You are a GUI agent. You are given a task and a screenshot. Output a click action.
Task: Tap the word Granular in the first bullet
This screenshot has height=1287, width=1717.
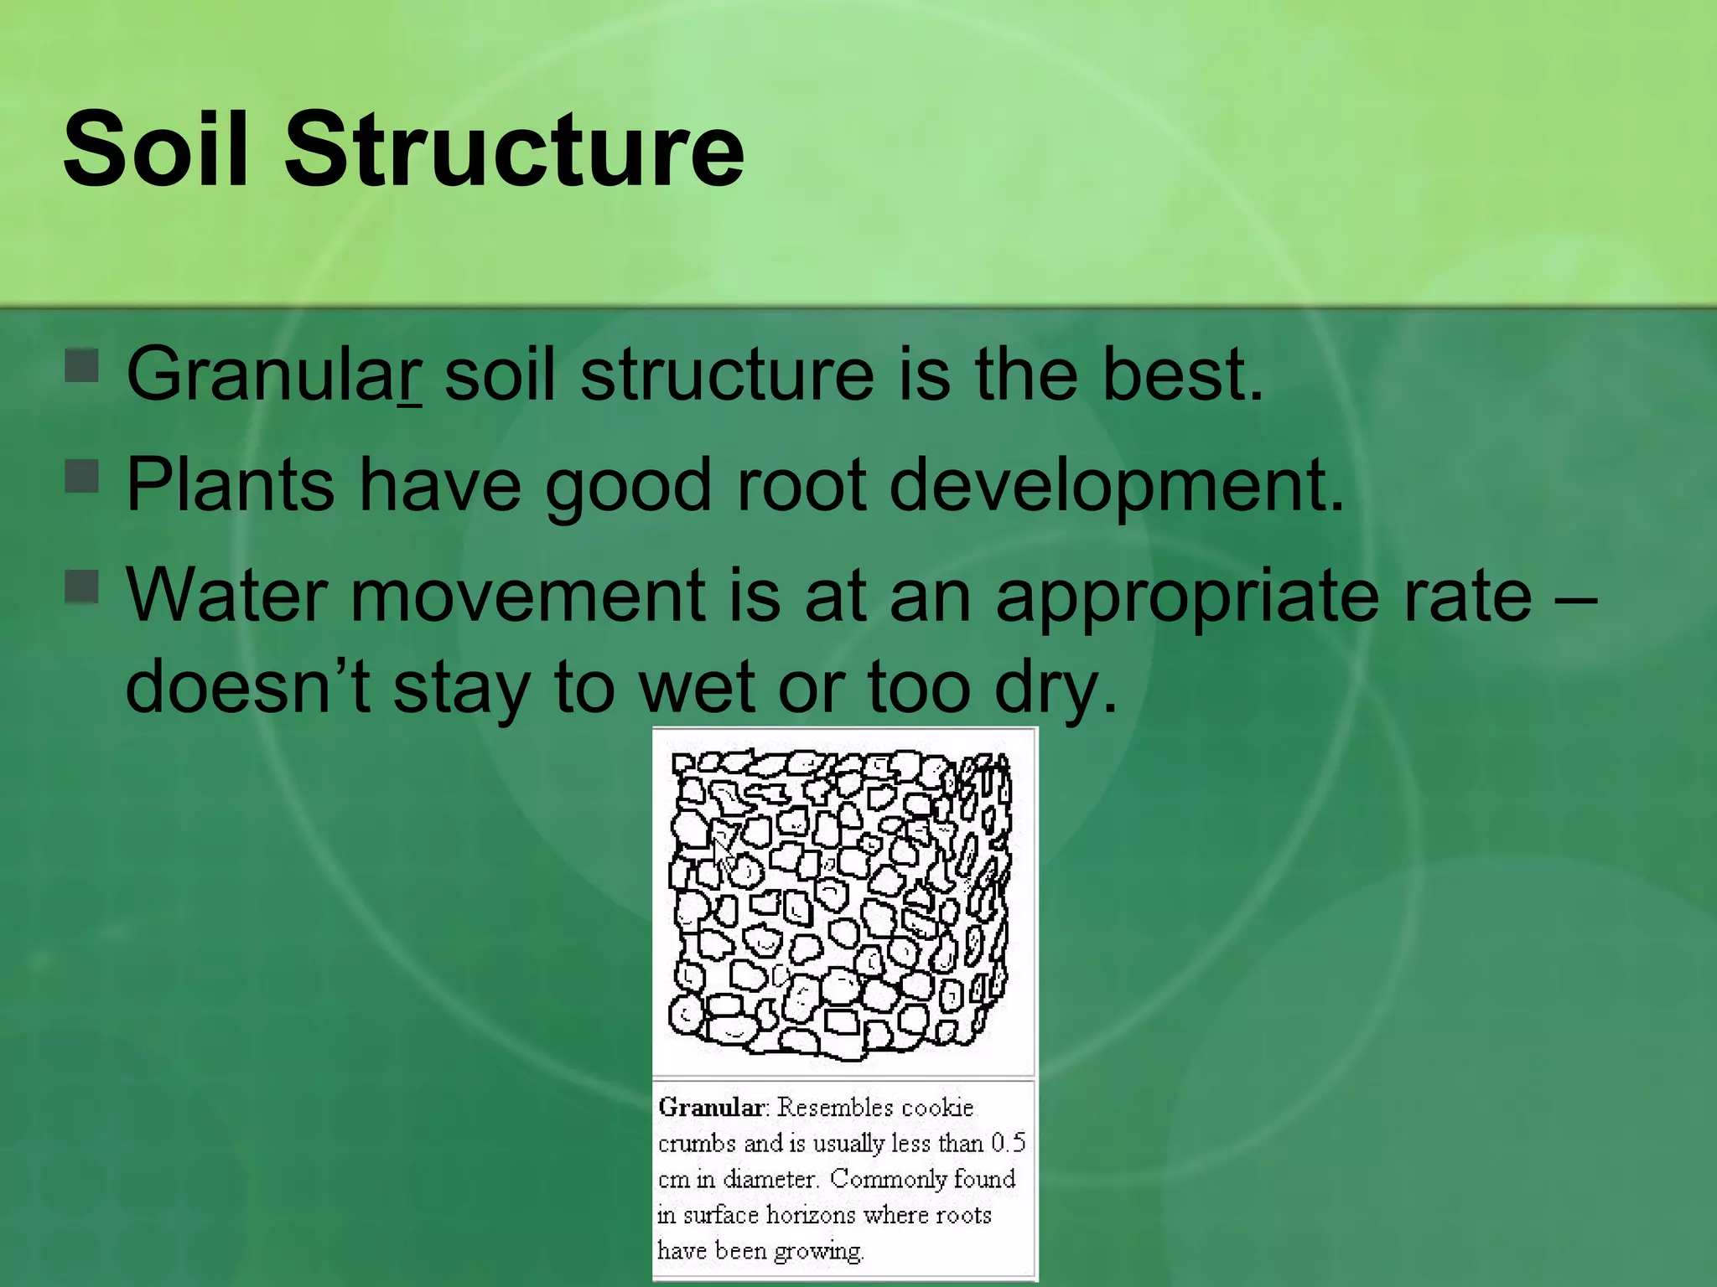pos(273,374)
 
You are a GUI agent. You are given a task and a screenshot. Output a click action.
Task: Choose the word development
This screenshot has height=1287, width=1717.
pos(1116,486)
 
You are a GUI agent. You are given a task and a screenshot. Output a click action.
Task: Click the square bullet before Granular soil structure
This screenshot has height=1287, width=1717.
pos(82,365)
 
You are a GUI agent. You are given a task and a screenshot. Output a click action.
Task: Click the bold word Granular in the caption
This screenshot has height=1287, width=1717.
pos(711,1108)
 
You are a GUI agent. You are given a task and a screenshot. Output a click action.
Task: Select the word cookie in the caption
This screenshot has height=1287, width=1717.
pos(937,1108)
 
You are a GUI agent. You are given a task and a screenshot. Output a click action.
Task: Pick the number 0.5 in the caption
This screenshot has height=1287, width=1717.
pos(1008,1143)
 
